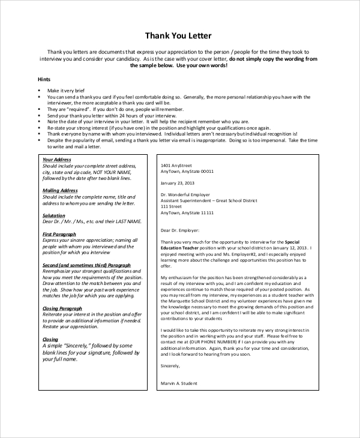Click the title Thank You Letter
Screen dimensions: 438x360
[x=178, y=35]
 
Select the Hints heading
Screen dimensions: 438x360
[x=44, y=79]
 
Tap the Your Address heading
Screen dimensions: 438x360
[x=57, y=160]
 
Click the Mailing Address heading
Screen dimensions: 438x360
[x=60, y=190]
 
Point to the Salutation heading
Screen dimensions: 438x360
[x=54, y=215]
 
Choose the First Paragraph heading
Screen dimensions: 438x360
[x=59, y=234]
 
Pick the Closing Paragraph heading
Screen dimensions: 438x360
[x=62, y=308]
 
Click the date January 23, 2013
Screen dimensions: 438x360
[x=178, y=183]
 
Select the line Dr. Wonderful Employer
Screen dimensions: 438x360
[x=185, y=195]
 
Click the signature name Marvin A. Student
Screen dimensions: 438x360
[x=179, y=383]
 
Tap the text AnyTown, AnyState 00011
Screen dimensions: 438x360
[x=187, y=171]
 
